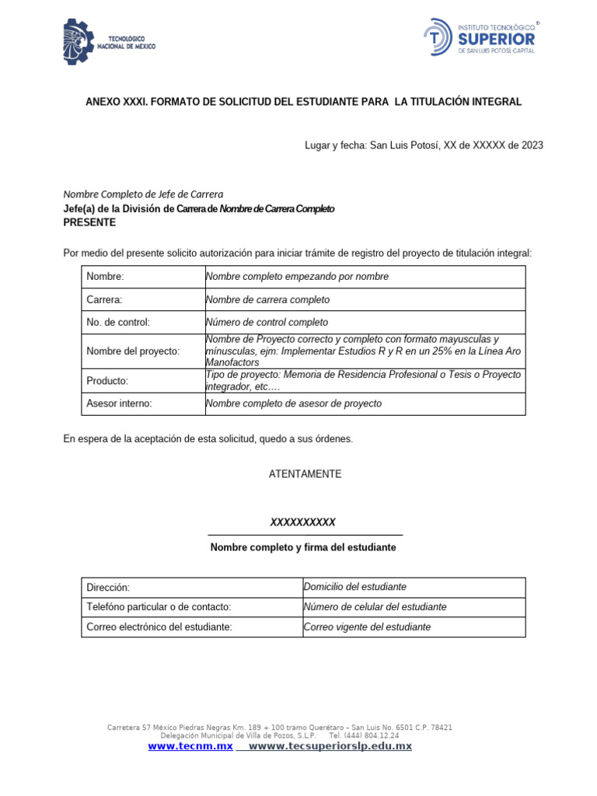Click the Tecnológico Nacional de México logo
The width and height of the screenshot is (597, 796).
point(109,42)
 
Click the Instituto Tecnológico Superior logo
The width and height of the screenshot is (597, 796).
point(480,38)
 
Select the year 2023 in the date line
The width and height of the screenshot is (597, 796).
point(532,145)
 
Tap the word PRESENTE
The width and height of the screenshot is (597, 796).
point(89,222)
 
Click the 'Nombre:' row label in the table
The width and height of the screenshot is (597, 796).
point(105,277)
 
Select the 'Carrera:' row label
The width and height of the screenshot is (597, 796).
point(104,300)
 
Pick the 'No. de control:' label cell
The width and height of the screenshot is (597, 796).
point(118,323)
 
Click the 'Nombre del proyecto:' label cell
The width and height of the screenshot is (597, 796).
point(133,351)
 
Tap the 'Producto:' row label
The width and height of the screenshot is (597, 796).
point(107,381)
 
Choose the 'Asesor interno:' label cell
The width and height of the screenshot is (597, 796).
point(119,403)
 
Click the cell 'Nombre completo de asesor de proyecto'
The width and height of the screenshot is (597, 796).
point(294,403)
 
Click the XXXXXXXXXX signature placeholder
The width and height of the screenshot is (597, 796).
point(302,522)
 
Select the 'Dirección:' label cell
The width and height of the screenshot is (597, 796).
point(108,588)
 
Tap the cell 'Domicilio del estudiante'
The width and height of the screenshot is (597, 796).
point(354,587)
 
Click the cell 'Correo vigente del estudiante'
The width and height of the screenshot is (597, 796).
point(366,627)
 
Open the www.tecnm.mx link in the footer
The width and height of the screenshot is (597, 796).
point(190,746)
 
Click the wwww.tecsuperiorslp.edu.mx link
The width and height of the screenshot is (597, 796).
point(330,746)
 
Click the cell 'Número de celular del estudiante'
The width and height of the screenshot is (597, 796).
point(375,607)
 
